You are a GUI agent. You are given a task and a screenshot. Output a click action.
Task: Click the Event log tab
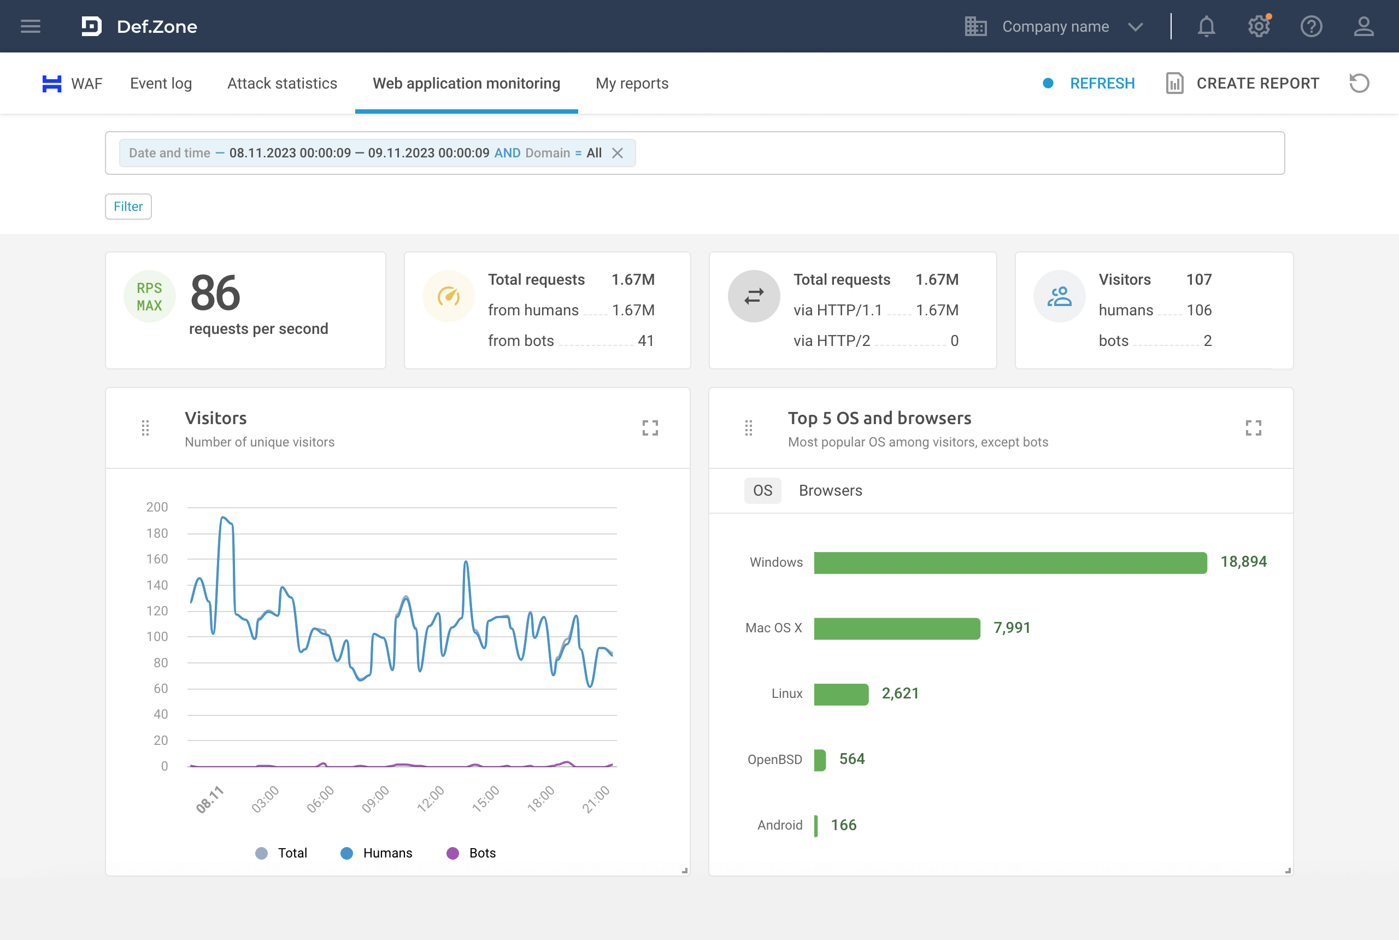click(161, 83)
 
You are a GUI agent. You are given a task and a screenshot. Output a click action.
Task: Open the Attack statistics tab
click(282, 83)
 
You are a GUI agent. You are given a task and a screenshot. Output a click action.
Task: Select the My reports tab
click(631, 83)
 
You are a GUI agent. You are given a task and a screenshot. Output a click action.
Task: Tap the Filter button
click(128, 206)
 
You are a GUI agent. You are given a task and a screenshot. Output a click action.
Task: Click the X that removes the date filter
click(617, 153)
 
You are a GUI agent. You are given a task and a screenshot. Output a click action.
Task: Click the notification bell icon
click(1206, 26)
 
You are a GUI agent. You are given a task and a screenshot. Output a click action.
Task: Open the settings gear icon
click(1258, 26)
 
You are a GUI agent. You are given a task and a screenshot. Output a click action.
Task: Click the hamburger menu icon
click(30, 26)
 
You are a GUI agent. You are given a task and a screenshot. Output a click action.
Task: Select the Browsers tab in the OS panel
click(830, 490)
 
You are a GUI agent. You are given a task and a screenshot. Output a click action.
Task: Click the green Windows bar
click(1009, 562)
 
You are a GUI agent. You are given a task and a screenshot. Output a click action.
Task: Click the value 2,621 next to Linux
click(899, 694)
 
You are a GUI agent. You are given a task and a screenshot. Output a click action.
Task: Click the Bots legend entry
click(471, 853)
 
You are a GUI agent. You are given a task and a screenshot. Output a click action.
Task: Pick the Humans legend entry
click(377, 853)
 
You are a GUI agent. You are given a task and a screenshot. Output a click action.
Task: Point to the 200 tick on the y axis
click(156, 507)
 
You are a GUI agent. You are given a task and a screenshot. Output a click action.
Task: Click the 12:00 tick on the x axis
click(431, 798)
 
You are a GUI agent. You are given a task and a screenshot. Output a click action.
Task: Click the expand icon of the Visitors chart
click(650, 427)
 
